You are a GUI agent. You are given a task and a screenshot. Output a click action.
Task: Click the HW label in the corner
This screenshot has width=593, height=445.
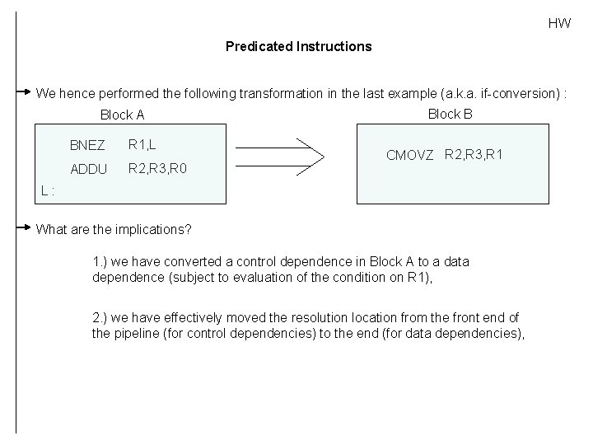559,23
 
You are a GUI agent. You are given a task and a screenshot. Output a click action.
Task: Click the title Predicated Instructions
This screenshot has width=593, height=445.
298,46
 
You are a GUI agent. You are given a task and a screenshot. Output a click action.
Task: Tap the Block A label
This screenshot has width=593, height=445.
122,115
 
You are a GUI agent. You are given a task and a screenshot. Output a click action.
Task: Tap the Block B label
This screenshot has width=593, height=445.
450,114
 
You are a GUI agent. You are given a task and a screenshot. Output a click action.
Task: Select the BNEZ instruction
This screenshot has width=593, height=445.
87,146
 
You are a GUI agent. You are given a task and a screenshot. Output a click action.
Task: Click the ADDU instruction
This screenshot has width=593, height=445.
89,170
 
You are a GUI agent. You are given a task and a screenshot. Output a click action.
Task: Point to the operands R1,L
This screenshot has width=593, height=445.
141,145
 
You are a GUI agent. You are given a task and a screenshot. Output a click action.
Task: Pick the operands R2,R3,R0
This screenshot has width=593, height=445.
157,169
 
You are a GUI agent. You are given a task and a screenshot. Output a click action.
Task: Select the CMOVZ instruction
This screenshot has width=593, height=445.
409,156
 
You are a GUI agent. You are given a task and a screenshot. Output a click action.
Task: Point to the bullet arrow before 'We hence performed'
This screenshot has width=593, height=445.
25,91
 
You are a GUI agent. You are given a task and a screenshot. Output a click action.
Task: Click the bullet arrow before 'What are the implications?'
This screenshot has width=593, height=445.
25,227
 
